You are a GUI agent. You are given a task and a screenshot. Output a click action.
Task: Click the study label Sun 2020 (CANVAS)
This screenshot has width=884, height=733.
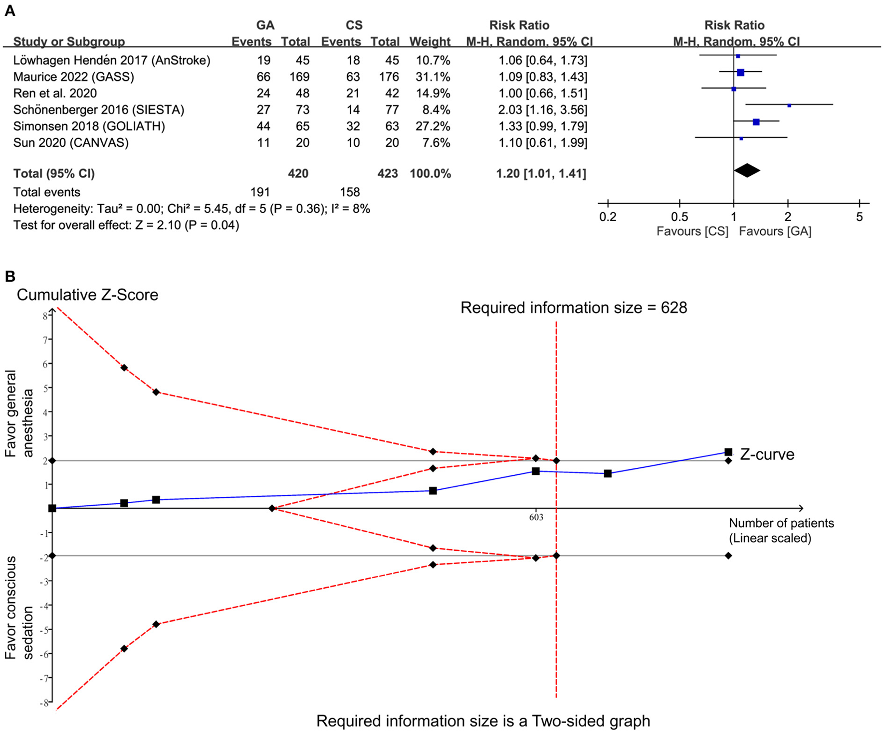71,143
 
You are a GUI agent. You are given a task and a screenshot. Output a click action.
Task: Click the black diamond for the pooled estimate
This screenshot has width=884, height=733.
747,170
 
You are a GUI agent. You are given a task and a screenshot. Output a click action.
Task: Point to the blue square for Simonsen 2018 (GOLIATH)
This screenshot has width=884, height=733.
756,122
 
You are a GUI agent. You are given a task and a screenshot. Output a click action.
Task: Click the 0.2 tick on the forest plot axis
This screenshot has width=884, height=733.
608,217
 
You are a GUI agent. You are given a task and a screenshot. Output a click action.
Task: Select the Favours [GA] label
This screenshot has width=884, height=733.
775,232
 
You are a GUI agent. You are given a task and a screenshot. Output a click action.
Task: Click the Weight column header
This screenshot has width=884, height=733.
430,41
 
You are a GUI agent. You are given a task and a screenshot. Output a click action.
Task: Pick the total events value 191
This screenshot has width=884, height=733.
260,192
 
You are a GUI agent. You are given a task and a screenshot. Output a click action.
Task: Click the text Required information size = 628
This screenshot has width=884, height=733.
574,308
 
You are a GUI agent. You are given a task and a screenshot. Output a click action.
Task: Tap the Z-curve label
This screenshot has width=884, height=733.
767,454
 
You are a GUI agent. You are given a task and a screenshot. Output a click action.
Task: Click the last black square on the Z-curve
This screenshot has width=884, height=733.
728,452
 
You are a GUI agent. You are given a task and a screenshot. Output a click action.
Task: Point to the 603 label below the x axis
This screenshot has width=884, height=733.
536,517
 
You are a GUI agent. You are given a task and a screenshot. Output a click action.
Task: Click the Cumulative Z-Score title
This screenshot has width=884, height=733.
87,295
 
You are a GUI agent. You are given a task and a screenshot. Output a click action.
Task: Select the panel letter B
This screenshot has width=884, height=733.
9,276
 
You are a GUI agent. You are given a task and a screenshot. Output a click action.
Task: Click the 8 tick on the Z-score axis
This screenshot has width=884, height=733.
45,316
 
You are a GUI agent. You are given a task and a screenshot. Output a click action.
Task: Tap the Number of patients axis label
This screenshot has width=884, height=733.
781,523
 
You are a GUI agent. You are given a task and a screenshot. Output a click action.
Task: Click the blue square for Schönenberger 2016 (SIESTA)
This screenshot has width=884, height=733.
789,105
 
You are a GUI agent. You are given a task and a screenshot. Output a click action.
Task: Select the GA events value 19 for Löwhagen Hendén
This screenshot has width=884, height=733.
263,60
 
